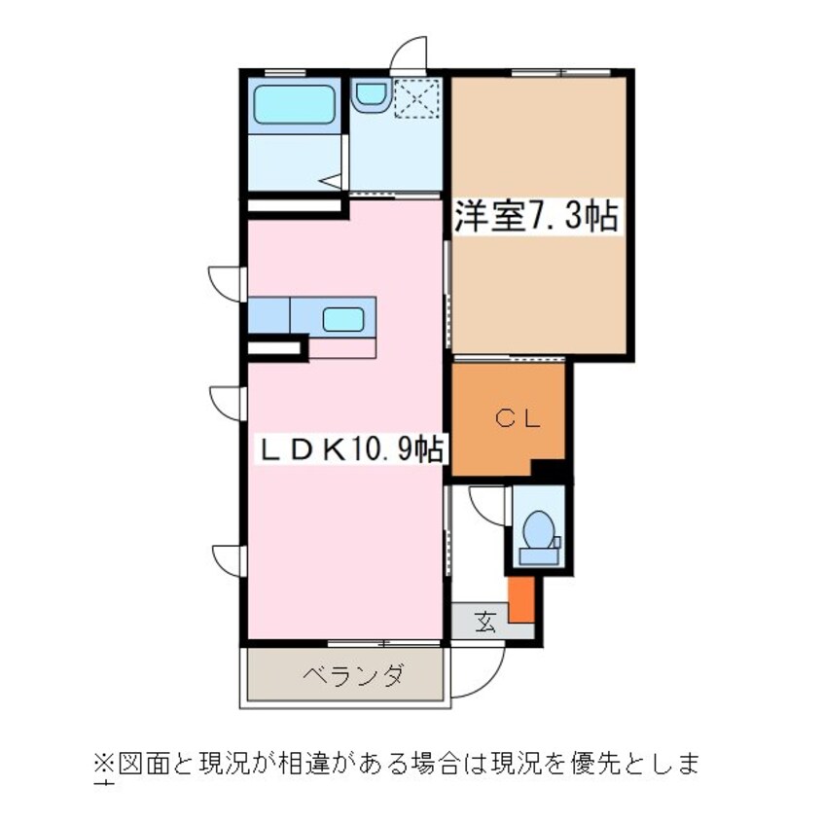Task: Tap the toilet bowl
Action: point(538,534)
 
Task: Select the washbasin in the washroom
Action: point(371,93)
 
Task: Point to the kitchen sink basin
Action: point(343,318)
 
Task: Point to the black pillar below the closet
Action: point(552,470)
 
